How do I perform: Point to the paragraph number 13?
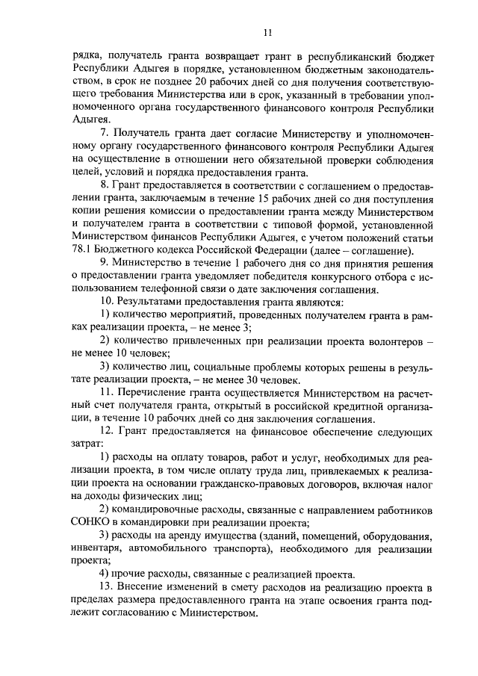click(x=106, y=589)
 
